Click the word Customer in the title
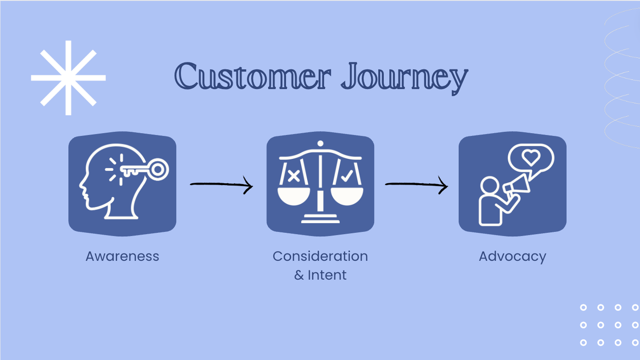[x=253, y=76]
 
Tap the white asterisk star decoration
[x=68, y=78]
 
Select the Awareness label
[x=122, y=256]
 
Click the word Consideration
[x=320, y=256]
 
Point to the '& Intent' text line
[x=320, y=275]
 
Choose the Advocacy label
[x=512, y=257]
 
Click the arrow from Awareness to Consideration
[x=221, y=185]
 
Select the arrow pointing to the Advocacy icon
[x=416, y=185]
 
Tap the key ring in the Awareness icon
[x=157, y=170]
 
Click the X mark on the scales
[x=294, y=176]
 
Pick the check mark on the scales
[x=347, y=176]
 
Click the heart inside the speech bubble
[x=531, y=157]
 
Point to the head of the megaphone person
[x=490, y=186]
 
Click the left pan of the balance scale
[x=294, y=197]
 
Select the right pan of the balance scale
[x=347, y=197]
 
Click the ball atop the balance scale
[x=320, y=143]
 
